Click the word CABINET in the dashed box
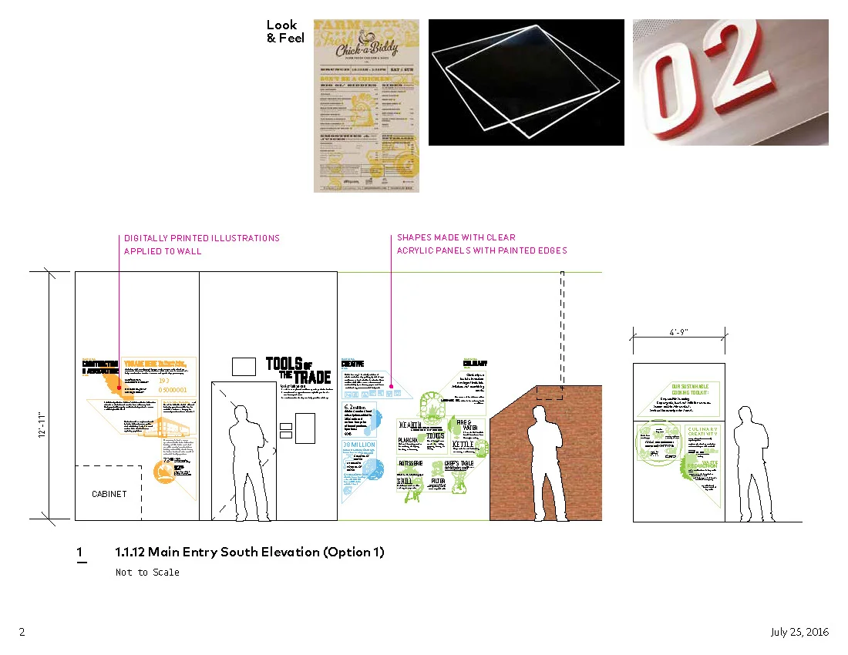tap(109, 494)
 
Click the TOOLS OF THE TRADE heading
tap(298, 370)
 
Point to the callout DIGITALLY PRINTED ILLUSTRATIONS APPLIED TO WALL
tap(201, 244)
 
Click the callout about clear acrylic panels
tap(481, 244)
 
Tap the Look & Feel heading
tap(285, 32)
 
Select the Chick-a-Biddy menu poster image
tap(366, 106)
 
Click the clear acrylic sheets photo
tap(526, 82)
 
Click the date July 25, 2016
tap(799, 632)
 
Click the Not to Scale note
tap(147, 573)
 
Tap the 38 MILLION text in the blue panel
tap(358, 445)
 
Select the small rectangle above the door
tap(244, 366)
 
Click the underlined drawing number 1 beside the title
tap(80, 553)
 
